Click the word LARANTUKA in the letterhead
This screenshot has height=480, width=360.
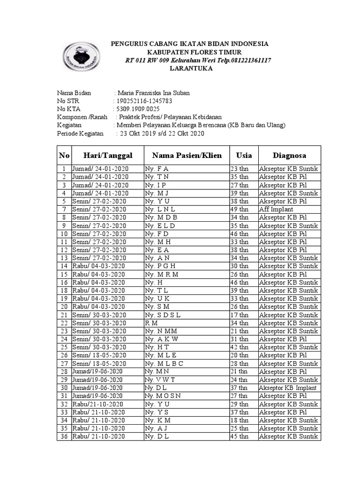(190, 68)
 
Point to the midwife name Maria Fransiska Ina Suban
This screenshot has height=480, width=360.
(153, 93)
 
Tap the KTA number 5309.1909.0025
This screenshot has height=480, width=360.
(141, 109)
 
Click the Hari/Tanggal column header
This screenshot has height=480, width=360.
(108, 155)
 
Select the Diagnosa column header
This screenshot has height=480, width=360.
(290, 155)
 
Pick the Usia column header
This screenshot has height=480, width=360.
(244, 155)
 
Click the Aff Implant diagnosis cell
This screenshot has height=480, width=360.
(276, 209)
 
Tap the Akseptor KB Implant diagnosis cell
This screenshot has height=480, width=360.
(288, 388)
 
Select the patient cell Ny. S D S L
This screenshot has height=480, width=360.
(163, 315)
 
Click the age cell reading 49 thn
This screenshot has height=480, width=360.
(239, 209)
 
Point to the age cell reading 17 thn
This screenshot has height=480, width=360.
(239, 315)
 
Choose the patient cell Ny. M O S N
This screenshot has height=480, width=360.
(163, 396)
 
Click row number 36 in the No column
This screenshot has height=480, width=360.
(64, 436)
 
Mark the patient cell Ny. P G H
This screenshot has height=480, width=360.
(160, 266)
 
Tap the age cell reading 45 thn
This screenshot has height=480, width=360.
(239, 436)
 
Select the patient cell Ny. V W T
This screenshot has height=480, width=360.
(160, 380)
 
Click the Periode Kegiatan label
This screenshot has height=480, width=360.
(80, 134)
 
